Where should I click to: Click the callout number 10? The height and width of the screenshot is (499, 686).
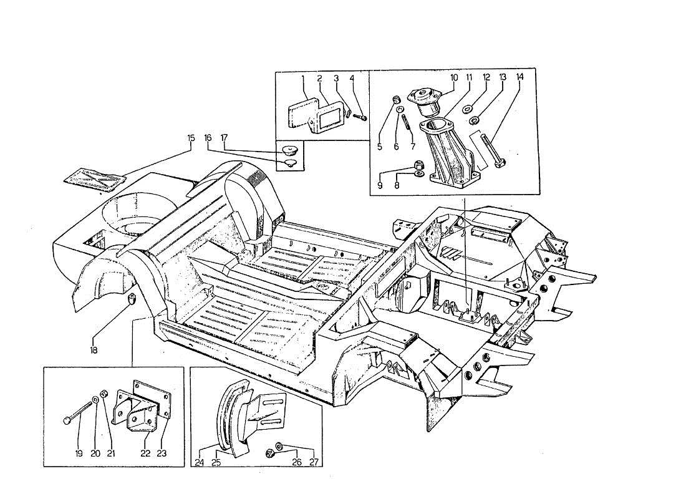(x=453, y=77)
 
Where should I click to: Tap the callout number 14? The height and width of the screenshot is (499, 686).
(x=519, y=77)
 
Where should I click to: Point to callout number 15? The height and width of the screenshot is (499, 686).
(x=191, y=137)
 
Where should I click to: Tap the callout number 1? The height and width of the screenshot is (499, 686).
(x=303, y=79)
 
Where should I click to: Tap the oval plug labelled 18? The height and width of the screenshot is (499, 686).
(x=132, y=299)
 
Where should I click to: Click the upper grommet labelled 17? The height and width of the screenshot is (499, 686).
(x=289, y=150)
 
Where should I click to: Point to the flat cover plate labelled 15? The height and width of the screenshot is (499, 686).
(x=94, y=176)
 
